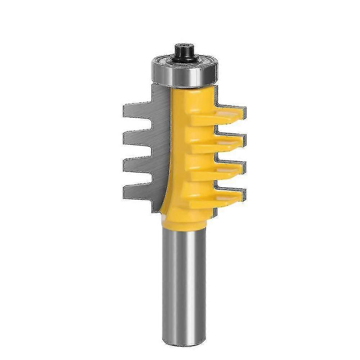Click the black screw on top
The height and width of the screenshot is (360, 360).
point(185,52)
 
